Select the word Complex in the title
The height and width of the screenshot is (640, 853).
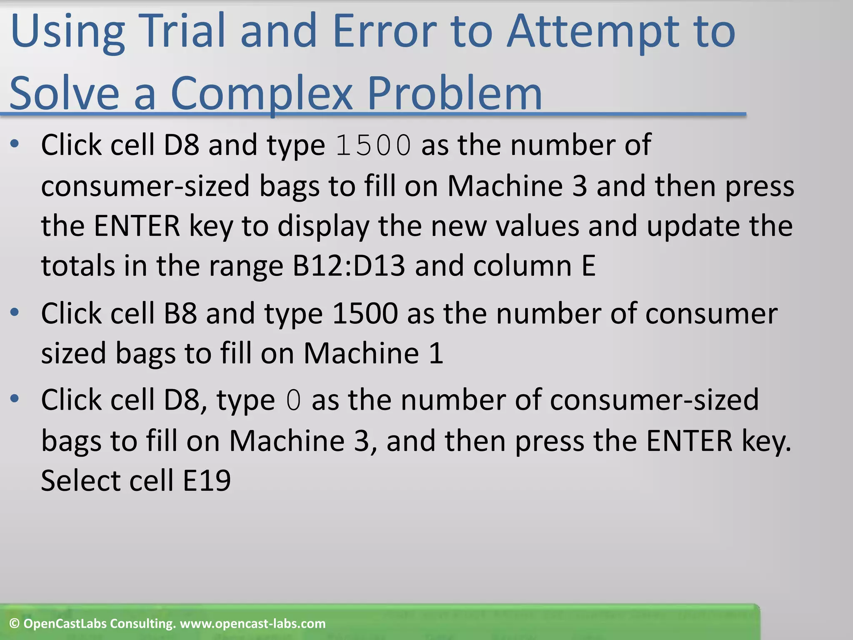click(261, 94)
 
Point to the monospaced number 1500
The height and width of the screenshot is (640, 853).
click(373, 145)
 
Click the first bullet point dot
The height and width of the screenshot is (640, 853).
click(15, 144)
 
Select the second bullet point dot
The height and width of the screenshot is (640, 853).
click(15, 312)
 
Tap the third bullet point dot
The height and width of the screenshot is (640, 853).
click(15, 399)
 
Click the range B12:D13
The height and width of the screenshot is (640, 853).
click(348, 265)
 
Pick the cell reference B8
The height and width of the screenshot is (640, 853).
click(180, 313)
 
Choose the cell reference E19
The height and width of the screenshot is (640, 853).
click(207, 480)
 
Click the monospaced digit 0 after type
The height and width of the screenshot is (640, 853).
click(293, 400)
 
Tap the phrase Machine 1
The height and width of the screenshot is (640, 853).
click(373, 353)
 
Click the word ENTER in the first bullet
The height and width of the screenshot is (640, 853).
click(137, 226)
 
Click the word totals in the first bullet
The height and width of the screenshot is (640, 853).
click(77, 265)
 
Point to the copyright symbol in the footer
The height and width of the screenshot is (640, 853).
click(15, 624)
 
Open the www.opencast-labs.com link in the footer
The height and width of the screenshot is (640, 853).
click(252, 624)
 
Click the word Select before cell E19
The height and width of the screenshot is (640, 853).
click(81, 480)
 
